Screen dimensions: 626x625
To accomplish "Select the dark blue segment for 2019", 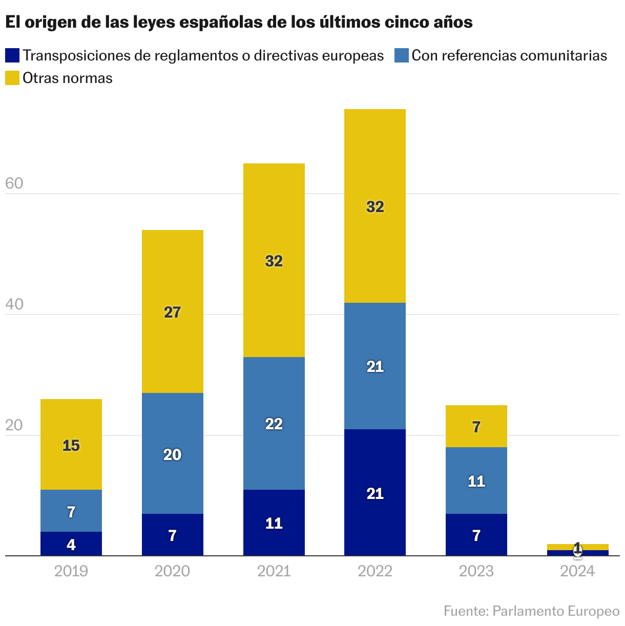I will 71,544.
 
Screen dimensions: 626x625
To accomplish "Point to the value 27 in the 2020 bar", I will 172,312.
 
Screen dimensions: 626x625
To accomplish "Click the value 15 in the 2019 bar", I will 71,446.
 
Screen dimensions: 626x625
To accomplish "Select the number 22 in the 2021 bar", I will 274,424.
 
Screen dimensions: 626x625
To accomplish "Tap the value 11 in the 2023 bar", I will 476,482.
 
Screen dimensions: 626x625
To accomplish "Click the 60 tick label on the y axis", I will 14,183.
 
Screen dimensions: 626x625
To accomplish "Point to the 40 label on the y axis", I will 14,304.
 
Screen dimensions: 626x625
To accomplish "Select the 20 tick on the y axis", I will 14,425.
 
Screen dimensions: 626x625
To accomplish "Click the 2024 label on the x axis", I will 577,571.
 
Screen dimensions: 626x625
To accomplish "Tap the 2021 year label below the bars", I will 274,571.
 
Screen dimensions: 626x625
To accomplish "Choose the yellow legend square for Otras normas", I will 12,78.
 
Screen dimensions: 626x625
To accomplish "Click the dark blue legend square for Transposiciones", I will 12,55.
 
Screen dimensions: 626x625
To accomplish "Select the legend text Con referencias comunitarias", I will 509,55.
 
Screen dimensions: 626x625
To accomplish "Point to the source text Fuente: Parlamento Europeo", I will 531,611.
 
